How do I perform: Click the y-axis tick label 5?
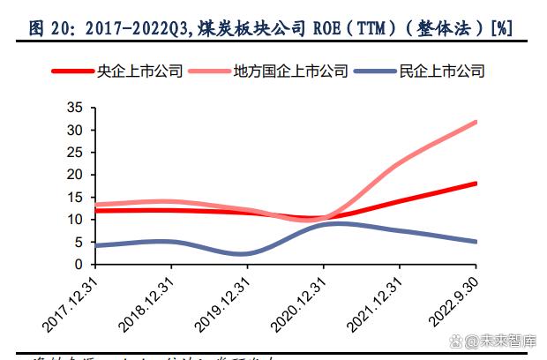78,242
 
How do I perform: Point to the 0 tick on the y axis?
78,265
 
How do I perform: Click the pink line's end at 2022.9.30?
476,122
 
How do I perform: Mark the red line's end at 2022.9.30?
476,184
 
